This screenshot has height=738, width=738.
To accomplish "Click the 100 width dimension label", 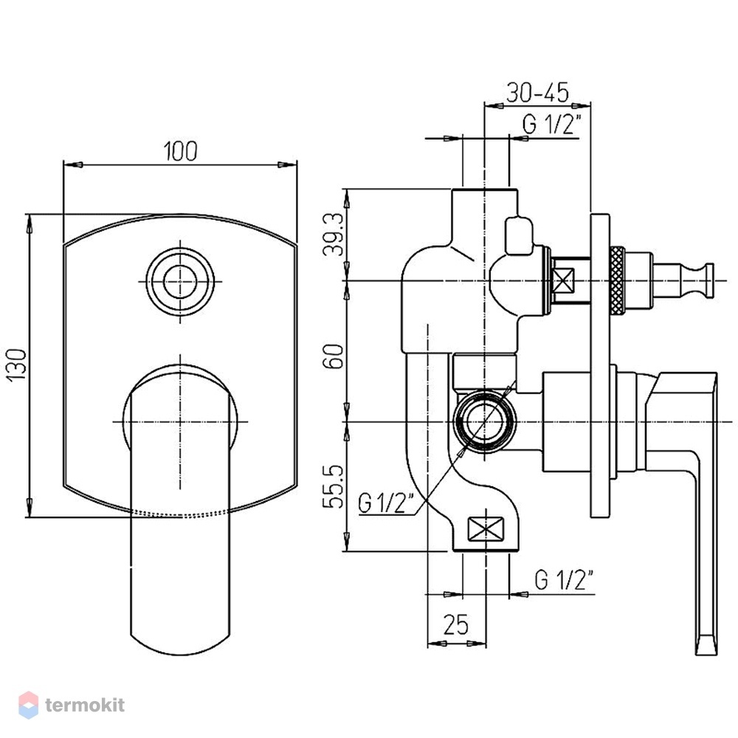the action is pyautogui.click(x=180, y=151).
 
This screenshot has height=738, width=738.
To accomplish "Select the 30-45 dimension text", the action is pyautogui.click(x=537, y=92).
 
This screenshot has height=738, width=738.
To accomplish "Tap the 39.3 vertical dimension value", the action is pyautogui.click(x=334, y=234).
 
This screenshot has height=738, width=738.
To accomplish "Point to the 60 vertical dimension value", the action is pyautogui.click(x=334, y=356).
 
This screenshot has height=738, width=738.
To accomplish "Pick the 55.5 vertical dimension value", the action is pyautogui.click(x=334, y=486).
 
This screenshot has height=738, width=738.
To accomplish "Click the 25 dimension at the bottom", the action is pyautogui.click(x=456, y=624).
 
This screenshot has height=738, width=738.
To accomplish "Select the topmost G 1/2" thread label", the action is pyautogui.click(x=551, y=124).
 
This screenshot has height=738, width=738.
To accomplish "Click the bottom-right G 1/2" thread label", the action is pyautogui.click(x=565, y=579).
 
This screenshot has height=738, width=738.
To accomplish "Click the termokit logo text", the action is pyautogui.click(x=85, y=705).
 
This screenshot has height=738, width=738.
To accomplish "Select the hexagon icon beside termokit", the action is pyautogui.click(x=28, y=705).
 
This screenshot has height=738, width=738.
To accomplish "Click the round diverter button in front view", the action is pyautogui.click(x=180, y=282).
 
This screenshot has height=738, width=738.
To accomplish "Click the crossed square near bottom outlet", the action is pyautogui.click(x=486, y=529).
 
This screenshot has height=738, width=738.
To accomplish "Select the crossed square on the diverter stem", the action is pyautogui.click(x=563, y=280).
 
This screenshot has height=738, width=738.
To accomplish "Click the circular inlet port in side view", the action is pyautogui.click(x=486, y=421).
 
